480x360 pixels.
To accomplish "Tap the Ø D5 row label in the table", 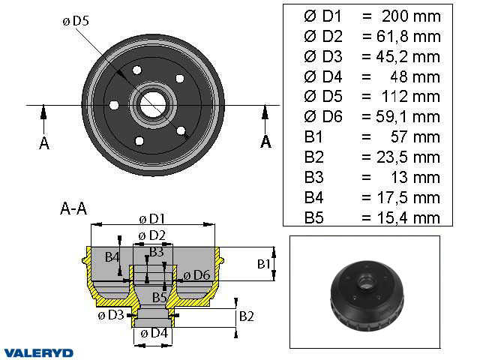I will (x=322, y=97).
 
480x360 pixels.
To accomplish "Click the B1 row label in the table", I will (x=313, y=137).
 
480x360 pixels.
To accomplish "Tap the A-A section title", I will (x=73, y=210).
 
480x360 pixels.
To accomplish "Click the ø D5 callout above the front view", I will (x=75, y=22).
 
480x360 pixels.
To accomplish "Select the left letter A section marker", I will (x=44, y=143).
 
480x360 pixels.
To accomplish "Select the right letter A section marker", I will (x=265, y=142).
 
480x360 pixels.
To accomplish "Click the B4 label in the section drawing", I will (x=112, y=257).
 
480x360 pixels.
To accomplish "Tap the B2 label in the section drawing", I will (x=246, y=316).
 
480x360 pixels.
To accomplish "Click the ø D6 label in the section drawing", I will (x=196, y=274).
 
